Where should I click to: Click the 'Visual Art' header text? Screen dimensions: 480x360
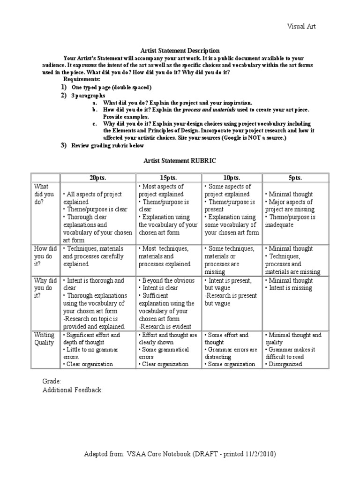pyautogui.click(x=301, y=26)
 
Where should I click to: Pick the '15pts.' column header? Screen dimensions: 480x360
pyautogui.click(x=168, y=178)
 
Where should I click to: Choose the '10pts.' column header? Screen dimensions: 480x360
pyautogui.click(x=232, y=178)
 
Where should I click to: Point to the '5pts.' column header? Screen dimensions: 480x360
pyautogui.click(x=295, y=178)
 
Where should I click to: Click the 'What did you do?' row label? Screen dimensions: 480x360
pyautogui.click(x=45, y=194)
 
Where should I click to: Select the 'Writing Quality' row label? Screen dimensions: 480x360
pyautogui.click(x=45, y=339)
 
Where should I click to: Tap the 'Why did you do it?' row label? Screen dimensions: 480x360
pyautogui.click(x=45, y=288)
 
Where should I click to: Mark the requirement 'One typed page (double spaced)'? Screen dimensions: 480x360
pyautogui.click(x=112, y=87)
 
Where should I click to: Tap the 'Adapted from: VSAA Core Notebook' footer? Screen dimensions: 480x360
pyautogui.click(x=180, y=454)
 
